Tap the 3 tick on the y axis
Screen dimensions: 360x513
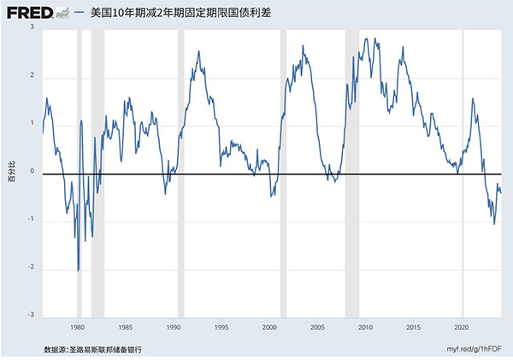pyautogui.click(x=32, y=28)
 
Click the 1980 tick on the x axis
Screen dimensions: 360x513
pyautogui.click(x=78, y=327)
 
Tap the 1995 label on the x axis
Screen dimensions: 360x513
pyautogui.click(x=221, y=327)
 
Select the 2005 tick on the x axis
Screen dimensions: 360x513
pyautogui.click(x=317, y=327)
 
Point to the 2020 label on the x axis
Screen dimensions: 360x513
pyautogui.click(x=462, y=327)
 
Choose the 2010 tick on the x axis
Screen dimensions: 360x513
pyautogui.click(x=366, y=327)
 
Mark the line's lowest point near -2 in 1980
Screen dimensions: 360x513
pyautogui.click(x=79, y=270)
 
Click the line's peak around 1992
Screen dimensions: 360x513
pyautogui.click(x=198, y=51)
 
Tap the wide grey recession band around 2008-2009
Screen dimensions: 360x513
pyautogui.click(x=352, y=171)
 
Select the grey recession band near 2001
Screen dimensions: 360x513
pyautogui.click(x=283, y=171)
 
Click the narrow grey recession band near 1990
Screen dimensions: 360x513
pyautogui.click(x=180, y=171)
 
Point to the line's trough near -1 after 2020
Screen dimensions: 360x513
pyautogui.click(x=494, y=224)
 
